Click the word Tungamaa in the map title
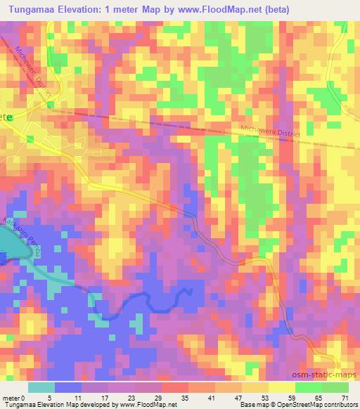33,8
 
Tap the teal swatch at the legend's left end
41,387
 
